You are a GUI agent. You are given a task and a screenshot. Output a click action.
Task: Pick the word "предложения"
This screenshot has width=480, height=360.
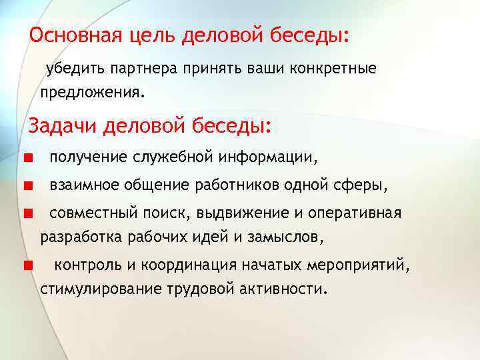click(x=90, y=91)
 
